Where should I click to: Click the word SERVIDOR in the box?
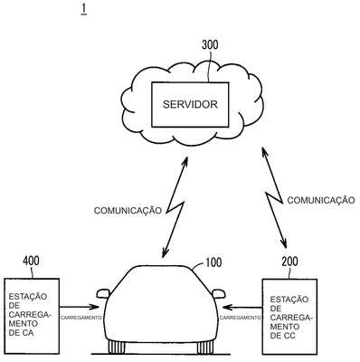190,104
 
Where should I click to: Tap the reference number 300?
210,45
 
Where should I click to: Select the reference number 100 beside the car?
213,262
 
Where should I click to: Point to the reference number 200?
289,262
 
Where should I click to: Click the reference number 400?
31,261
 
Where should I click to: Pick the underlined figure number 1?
83,9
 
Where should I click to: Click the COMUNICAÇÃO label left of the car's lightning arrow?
128,211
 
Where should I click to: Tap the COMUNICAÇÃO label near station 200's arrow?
321,200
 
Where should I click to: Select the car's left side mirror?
103,293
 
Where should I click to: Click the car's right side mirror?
218,293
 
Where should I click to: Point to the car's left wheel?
117,348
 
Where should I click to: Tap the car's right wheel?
205,348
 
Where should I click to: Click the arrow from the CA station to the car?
79,307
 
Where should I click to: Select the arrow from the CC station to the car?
242,308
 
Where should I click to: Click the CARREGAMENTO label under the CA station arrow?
81,318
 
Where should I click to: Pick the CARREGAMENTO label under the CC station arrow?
240,318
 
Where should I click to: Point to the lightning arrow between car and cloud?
175,207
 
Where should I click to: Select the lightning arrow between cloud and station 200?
274,198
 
